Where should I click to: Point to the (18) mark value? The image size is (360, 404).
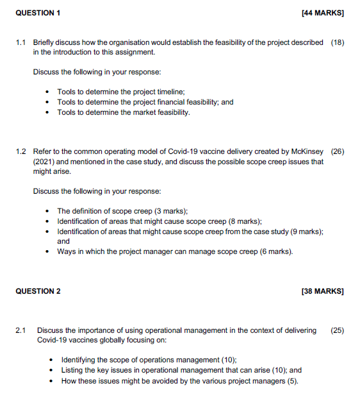coord(337,42)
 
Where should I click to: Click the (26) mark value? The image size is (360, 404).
coord(337,152)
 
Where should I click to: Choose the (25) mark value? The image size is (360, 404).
coord(337,330)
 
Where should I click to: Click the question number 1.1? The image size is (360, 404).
coord(20,42)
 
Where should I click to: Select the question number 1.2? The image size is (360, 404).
coord(20,152)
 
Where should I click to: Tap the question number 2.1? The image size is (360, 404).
coord(20,330)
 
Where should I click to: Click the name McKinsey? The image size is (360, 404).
coord(307,152)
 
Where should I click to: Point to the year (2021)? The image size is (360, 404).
coord(44,162)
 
